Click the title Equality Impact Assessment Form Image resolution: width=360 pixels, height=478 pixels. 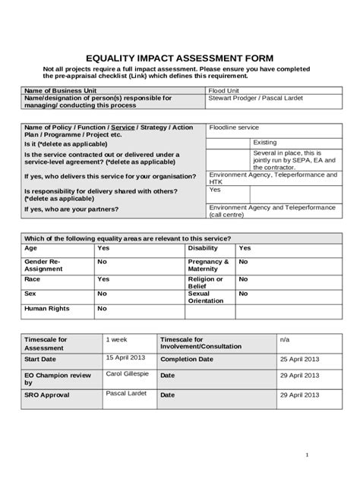(x=179, y=58)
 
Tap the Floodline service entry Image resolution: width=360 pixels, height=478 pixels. (x=234, y=127)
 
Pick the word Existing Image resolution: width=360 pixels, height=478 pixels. (x=265, y=142)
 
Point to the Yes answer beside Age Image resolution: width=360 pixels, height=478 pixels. (x=103, y=248)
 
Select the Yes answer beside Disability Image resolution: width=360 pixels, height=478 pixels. (x=245, y=248)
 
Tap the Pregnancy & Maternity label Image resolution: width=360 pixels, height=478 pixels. (x=207, y=265)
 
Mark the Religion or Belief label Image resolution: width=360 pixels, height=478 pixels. (x=205, y=281)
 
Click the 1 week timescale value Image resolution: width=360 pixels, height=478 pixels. (x=116, y=339)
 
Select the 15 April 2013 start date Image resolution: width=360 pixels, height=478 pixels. (x=125, y=357)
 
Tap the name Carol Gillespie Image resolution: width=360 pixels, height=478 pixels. (x=128, y=375)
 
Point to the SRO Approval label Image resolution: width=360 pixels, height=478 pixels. (x=47, y=395)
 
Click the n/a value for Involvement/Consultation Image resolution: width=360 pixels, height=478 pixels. (x=285, y=339)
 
